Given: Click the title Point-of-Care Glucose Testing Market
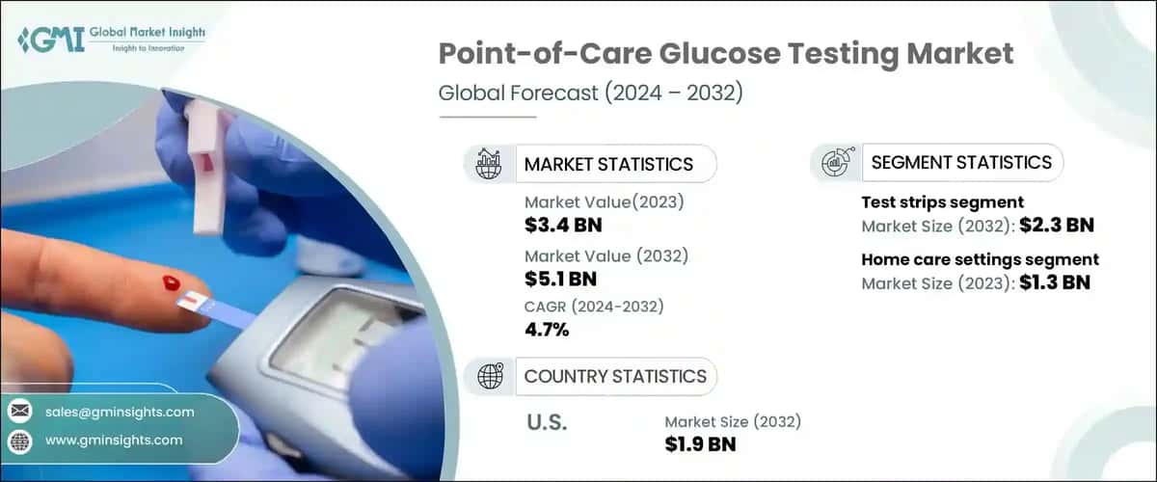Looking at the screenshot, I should coord(726,54).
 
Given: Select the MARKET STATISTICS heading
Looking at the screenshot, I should coord(607,164).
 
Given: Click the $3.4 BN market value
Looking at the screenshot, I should coord(564,227).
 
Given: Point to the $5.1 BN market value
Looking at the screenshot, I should coord(560,280).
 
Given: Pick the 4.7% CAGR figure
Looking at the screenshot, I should coord(547,330).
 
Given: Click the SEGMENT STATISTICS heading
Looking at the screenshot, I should coord(960,162).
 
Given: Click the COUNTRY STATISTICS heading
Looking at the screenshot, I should coord(614,376).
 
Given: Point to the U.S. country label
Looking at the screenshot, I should coord(547,422).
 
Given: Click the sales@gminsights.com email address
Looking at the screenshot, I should coord(120,412).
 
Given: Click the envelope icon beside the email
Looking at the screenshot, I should coord(19,412).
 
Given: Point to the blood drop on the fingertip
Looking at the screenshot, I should coord(172,282).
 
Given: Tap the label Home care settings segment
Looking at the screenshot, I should coord(980,259).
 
